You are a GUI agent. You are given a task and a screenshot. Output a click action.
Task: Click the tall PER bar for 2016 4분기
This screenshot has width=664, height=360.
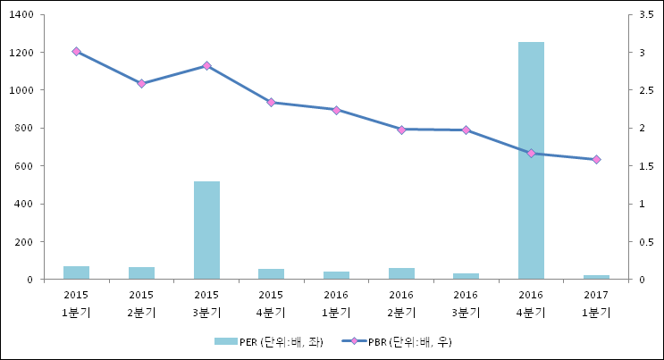pos(531,161)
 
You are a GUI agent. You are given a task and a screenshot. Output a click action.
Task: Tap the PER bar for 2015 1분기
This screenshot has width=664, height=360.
pos(76,272)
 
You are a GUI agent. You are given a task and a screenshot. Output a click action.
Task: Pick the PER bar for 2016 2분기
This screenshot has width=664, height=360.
pos(401,273)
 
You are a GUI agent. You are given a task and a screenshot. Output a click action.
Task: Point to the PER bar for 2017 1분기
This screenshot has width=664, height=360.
pos(596,277)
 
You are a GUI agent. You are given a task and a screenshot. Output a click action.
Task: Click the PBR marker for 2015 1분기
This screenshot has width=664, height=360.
pos(76,52)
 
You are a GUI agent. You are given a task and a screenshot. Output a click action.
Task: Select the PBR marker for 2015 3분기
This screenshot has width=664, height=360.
pos(206,66)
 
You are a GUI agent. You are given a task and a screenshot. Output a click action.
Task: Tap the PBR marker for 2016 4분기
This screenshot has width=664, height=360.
pos(531,154)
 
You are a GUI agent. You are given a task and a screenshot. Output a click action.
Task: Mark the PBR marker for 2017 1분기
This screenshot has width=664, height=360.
pos(596,160)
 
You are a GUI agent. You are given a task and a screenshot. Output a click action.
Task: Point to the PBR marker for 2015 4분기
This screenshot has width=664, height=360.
pos(271,103)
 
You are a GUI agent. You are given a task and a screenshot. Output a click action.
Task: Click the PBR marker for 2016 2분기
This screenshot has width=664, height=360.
pos(401,130)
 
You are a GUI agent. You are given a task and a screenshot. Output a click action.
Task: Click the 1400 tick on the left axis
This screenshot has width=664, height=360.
pos(22,15)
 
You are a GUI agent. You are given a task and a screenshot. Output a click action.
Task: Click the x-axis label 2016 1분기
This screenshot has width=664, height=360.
pos(336,303)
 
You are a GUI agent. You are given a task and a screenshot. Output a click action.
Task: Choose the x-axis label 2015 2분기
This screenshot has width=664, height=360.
pos(141,303)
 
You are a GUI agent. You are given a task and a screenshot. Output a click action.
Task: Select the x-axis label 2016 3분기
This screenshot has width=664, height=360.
pos(466,303)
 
